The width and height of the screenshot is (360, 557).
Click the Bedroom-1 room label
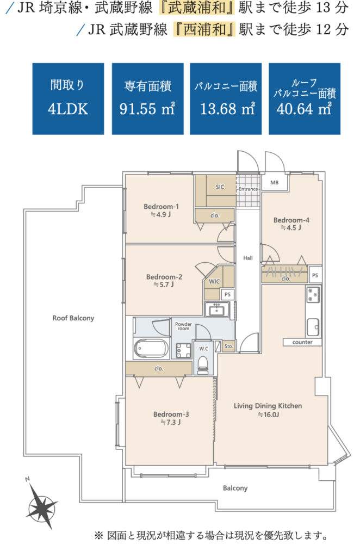[161, 206]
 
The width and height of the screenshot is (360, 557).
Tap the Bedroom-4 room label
[291, 220]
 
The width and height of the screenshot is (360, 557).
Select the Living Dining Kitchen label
[268, 406]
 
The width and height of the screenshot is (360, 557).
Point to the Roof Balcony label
[73, 318]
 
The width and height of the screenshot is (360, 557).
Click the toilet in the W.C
[203, 363]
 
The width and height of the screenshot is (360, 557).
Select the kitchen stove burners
[313, 294]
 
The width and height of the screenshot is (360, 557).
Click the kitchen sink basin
[313, 327]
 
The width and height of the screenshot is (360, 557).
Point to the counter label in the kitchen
[302, 342]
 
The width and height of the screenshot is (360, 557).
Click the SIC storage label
[220, 187]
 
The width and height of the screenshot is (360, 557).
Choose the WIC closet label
[214, 281]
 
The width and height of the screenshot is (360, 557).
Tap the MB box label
[275, 183]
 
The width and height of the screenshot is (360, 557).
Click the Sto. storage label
[228, 346]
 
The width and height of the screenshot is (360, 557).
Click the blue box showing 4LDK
[68, 99]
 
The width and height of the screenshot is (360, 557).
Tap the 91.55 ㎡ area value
[147, 108]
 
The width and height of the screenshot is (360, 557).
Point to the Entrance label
[248, 189]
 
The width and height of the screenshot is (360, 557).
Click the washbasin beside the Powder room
[217, 310]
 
